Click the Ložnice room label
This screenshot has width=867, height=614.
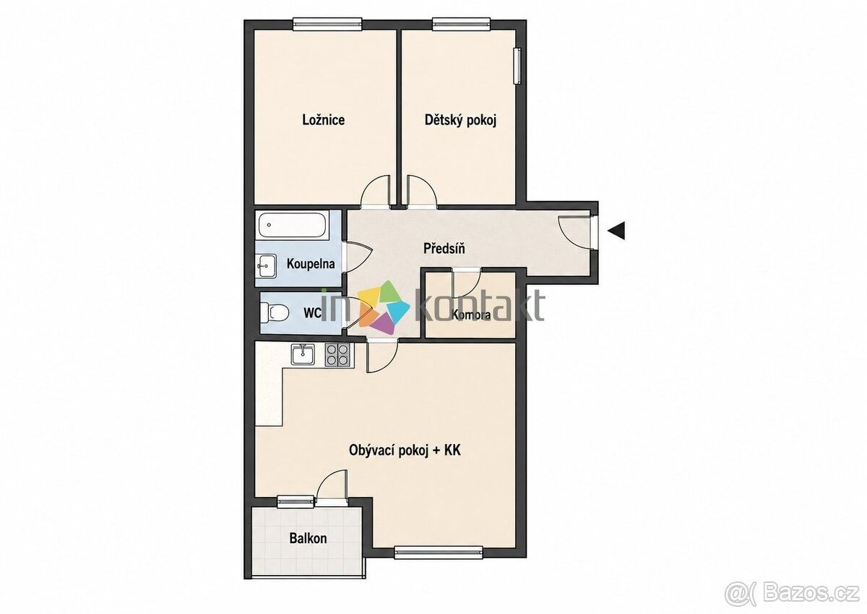pos(324,120)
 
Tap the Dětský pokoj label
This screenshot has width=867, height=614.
pos(461,120)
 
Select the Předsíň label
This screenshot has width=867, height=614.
pos(444,248)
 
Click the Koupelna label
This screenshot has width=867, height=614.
pos(311,264)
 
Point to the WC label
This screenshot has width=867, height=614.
pos(312,313)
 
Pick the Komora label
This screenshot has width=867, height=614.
pos(471,315)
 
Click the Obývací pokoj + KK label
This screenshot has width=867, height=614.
pos(405,450)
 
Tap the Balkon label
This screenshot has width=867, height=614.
pos(308,538)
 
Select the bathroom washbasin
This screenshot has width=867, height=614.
pos(267,265)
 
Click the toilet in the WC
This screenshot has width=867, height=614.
pos(275,312)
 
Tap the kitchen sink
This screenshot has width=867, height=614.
pos(303,354)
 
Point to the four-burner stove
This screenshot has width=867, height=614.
pos(337,355)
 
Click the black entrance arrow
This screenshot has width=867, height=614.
pos(616,231)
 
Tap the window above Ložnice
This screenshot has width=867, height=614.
pos(327,25)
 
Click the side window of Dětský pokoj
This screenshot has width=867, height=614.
pos(517,66)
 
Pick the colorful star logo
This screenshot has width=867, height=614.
pos(384,307)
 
